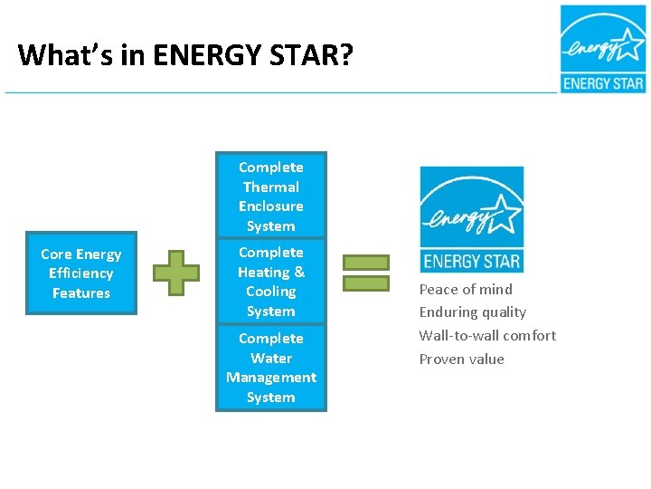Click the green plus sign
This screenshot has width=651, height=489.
point(175,273)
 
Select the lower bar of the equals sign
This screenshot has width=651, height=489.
point(366,283)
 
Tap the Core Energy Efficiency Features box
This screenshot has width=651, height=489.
point(81,273)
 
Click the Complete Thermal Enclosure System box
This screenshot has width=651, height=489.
point(271,196)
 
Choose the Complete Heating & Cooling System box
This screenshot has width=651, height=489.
point(271,282)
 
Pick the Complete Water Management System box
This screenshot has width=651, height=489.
point(271,368)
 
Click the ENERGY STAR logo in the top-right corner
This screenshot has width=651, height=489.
point(603,49)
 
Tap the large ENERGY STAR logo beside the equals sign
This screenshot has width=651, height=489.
point(471,219)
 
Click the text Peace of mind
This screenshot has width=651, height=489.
point(466,290)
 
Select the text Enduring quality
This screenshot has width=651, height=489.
point(472,312)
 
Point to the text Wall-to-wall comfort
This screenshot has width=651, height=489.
point(487,335)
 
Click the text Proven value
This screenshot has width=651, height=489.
point(461,359)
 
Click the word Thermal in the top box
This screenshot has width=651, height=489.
point(271,187)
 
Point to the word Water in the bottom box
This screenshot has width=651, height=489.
point(271,358)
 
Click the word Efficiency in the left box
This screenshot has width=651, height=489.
point(81,273)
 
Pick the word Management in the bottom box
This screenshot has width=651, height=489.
point(271,378)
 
